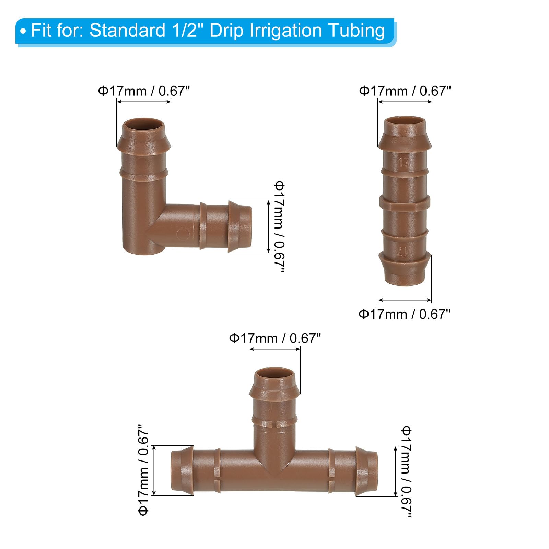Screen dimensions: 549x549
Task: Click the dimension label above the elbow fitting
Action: [x=144, y=91]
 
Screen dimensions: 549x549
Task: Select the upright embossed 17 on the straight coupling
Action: [x=404, y=162]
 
